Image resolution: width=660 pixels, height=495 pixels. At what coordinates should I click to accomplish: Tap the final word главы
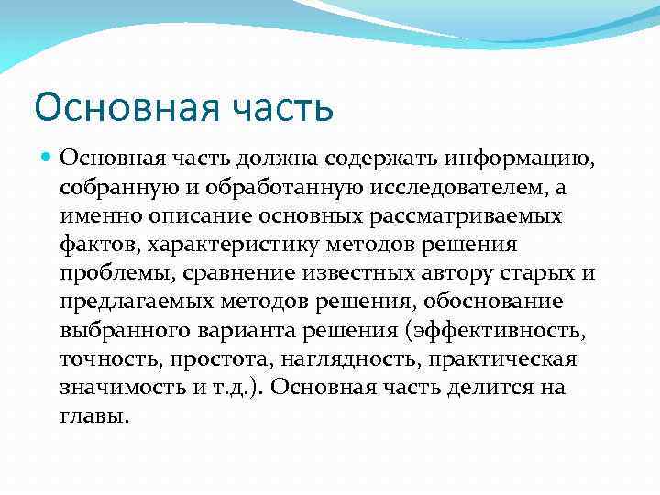[94, 417]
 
